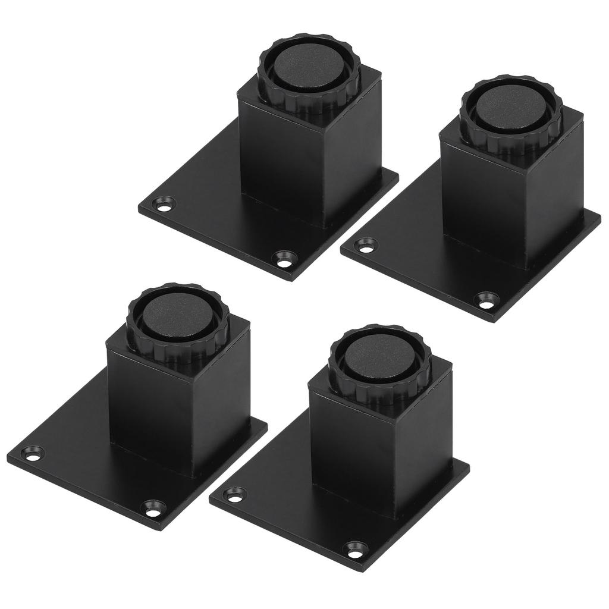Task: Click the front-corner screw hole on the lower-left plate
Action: [154, 510]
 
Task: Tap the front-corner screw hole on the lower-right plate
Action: [356, 548]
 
